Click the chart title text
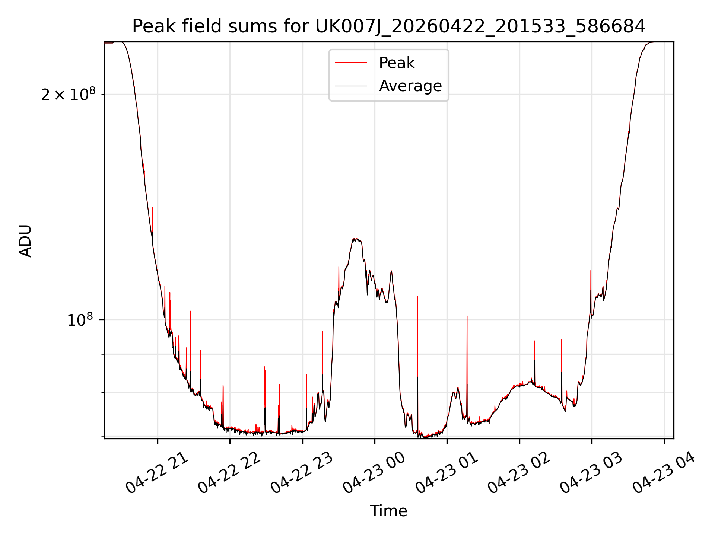[389, 26]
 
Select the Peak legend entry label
[397, 63]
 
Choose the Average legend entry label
[410, 86]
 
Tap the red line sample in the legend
[351, 63]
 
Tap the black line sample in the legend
[351, 86]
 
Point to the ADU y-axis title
[25, 240]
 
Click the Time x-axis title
[388, 511]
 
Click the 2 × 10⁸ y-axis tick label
[68, 94]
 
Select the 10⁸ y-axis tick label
[80, 320]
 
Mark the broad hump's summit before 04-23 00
[356, 239]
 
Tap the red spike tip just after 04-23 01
[467, 316]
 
